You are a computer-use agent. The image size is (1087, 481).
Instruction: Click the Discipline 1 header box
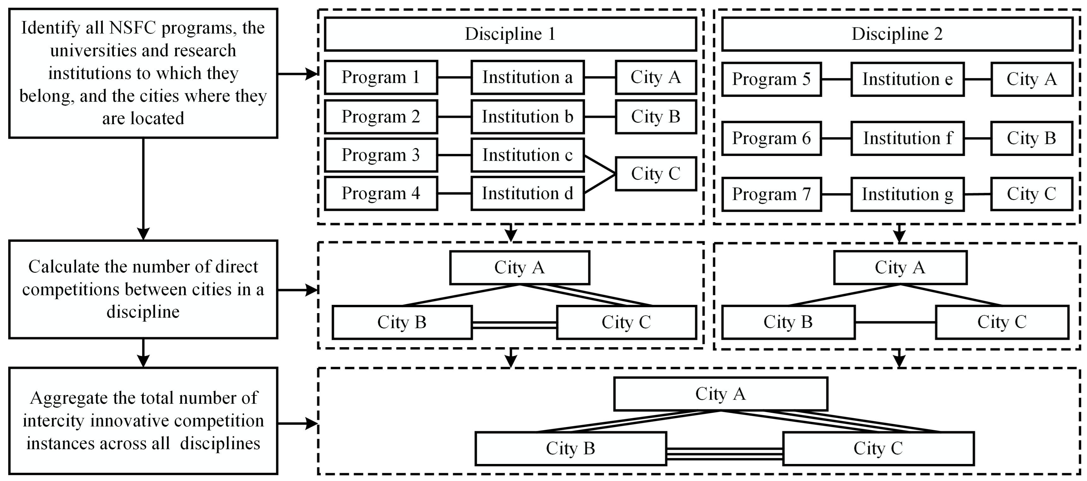[x=510, y=34]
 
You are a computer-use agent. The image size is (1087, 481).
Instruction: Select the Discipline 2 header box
[x=897, y=34]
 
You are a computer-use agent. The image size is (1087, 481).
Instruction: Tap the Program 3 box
[x=381, y=155]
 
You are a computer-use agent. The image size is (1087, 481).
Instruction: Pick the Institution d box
[x=528, y=193]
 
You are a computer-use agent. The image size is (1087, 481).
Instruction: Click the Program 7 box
[x=771, y=194]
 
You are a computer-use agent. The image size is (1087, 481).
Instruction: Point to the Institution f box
[x=907, y=138]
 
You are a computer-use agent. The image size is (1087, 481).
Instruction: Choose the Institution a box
[x=528, y=77]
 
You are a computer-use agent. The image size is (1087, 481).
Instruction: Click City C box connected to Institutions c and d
[x=655, y=173]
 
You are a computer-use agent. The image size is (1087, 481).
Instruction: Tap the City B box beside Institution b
[x=655, y=116]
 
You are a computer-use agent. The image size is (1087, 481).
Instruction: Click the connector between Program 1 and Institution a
[x=454, y=77]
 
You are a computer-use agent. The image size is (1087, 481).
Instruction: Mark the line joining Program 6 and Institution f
[x=836, y=138]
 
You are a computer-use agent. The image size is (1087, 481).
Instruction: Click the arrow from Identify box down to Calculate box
[x=144, y=190]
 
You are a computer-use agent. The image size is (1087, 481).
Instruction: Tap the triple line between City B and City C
[x=724, y=454]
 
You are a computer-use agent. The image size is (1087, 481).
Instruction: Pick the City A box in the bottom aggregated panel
[x=720, y=394]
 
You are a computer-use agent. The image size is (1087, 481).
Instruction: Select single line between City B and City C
[x=895, y=322]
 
